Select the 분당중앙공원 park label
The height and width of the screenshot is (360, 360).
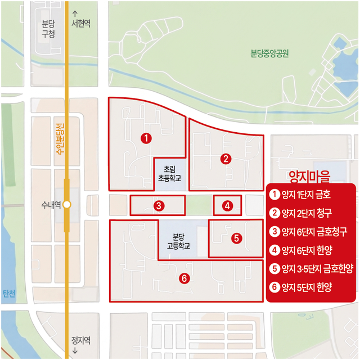[269, 55]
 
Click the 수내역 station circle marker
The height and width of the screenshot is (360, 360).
[67, 205]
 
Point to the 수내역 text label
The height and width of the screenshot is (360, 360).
[50, 205]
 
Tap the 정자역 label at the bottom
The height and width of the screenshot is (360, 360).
[80, 343]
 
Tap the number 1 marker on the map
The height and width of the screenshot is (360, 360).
[146, 138]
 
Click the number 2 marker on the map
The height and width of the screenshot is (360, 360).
[226, 159]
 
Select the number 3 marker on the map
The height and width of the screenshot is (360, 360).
[159, 206]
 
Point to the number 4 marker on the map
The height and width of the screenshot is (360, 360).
[227, 206]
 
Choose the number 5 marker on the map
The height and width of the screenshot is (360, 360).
[237, 238]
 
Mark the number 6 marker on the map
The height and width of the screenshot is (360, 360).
[183, 278]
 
